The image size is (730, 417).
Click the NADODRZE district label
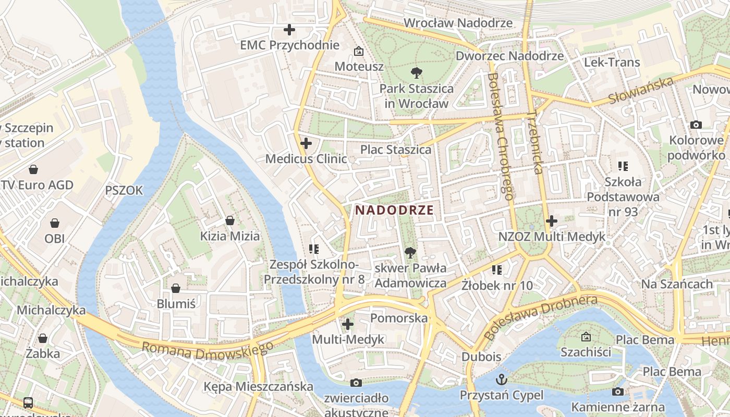(x=394, y=210)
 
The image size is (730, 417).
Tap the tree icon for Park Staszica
(x=416, y=72)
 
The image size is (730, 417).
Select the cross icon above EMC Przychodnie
(x=289, y=30)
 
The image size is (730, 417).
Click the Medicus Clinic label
(x=306, y=158)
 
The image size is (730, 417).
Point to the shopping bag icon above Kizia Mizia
(x=229, y=220)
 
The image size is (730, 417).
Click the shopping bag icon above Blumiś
(x=176, y=288)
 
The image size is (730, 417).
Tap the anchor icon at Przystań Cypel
(x=501, y=379)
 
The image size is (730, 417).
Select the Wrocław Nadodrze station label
(x=458, y=23)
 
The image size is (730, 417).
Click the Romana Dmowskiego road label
(x=207, y=350)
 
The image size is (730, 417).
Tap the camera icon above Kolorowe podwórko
(x=696, y=125)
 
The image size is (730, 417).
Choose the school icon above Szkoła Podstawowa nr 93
(x=623, y=166)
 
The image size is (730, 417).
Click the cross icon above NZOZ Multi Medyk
(x=551, y=221)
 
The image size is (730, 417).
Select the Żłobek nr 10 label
(x=497, y=285)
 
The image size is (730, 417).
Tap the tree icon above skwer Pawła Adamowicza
(x=410, y=253)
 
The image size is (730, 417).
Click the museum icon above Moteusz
(x=359, y=51)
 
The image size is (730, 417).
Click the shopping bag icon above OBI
(x=55, y=223)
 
